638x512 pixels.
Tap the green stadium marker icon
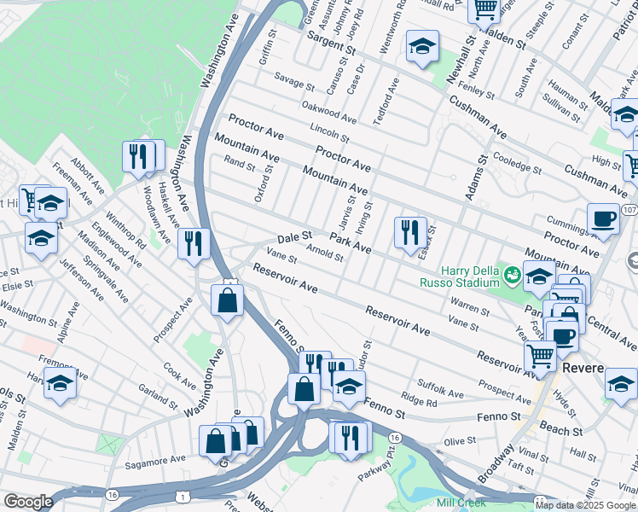click(512, 275)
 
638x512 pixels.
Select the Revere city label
click(583, 368)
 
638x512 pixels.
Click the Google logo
click(28, 502)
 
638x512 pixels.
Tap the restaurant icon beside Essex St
click(410, 232)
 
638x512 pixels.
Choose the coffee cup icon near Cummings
click(603, 218)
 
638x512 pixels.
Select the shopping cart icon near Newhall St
click(484, 10)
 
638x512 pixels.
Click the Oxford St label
click(263, 184)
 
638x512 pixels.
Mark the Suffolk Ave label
click(439, 388)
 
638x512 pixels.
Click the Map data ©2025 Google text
click(585, 504)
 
